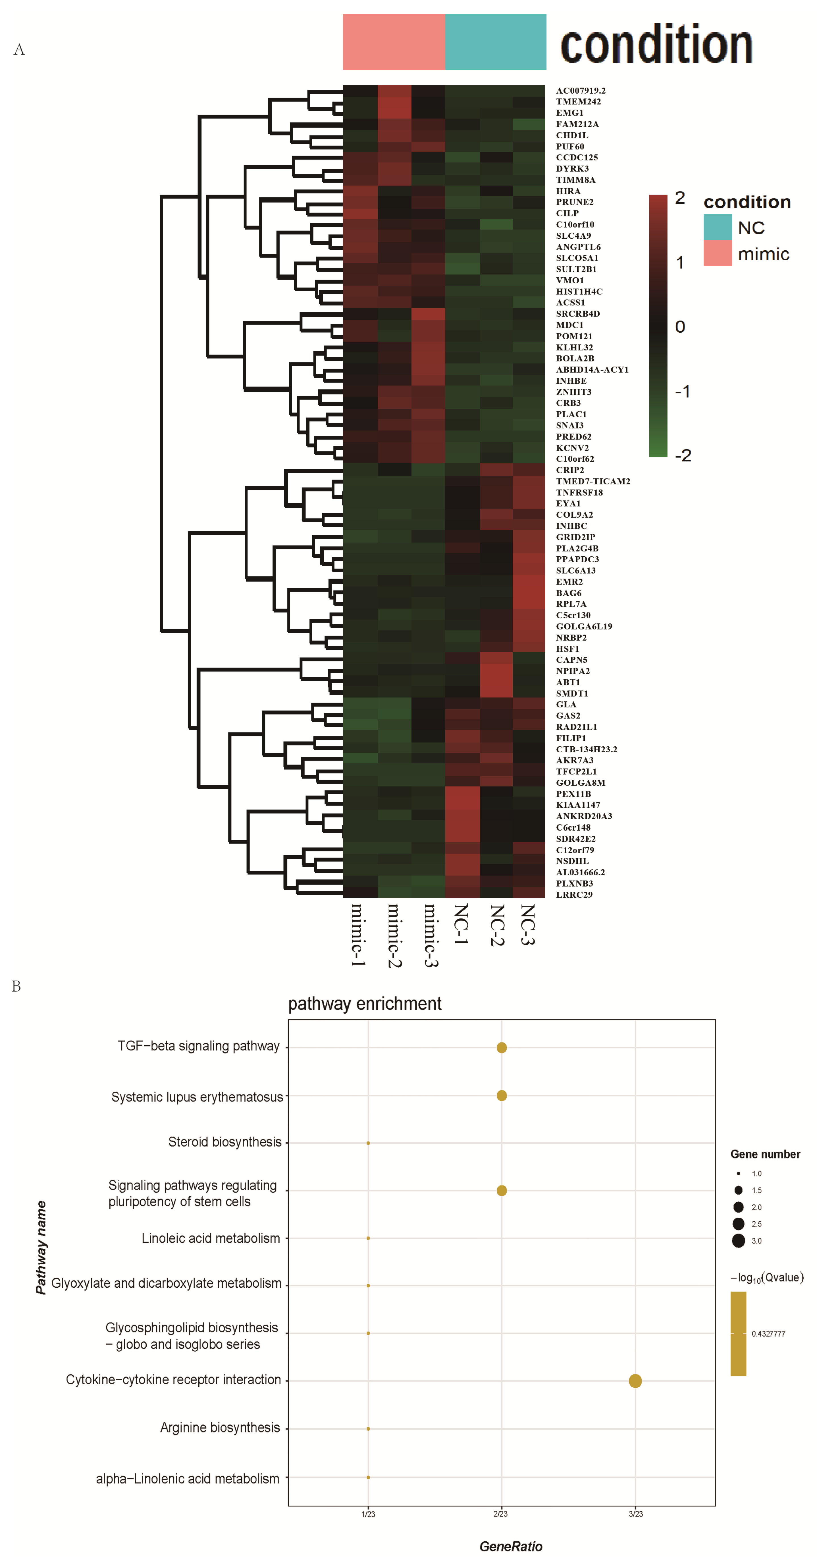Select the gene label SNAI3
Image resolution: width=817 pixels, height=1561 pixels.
click(569, 426)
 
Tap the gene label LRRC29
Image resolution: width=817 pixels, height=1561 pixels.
click(573, 895)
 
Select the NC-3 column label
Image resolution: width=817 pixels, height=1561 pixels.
click(527, 924)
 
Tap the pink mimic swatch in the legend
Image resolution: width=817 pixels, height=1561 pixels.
click(717, 253)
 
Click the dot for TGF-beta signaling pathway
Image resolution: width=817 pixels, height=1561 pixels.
click(502, 1048)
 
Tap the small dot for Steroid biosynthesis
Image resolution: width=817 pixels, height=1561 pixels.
click(368, 1143)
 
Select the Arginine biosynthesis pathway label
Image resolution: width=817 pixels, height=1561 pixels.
click(220, 1428)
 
